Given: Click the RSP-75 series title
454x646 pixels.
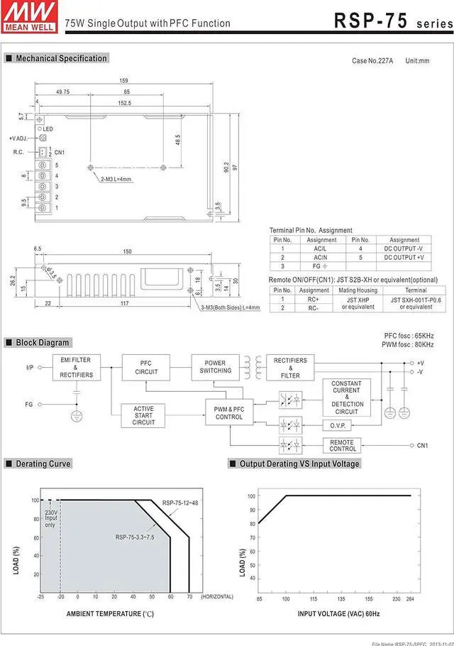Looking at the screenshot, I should tap(392, 21).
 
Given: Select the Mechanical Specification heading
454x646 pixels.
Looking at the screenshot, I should tap(61, 58).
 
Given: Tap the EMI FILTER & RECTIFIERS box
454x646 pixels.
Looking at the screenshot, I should tap(76, 368).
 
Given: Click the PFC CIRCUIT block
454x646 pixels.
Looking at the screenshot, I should tap(146, 368).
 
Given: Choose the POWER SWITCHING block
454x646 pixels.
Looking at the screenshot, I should tap(215, 366).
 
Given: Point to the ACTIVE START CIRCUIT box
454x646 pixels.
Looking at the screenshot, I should tap(143, 415).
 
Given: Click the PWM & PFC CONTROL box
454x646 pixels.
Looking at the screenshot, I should tap(229, 412).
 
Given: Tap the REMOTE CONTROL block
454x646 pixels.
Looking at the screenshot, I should tap(343, 445).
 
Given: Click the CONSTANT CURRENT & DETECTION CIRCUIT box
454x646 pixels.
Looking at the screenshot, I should tap(347, 398).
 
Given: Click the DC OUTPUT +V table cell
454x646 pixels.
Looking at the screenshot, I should tap(404, 257).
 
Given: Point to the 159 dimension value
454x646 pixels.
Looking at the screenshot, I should tap(123, 80).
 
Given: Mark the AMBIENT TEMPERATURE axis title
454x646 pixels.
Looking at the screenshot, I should tap(110, 613).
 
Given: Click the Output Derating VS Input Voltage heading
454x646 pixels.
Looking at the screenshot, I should tap(299, 464).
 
